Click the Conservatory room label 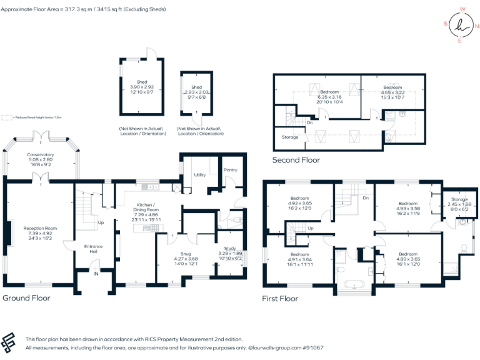pos(40,154)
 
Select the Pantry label pos(231,170)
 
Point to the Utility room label pos(200,175)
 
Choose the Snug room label pos(186,254)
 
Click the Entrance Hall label pos(93,249)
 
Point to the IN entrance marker pos(96,274)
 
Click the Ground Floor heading pos(26,298)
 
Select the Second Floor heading pos(296,160)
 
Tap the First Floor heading pos(280,299)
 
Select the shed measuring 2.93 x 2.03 pos(196,92)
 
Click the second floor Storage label pos(290,137)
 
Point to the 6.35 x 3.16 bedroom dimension pos(330,97)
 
